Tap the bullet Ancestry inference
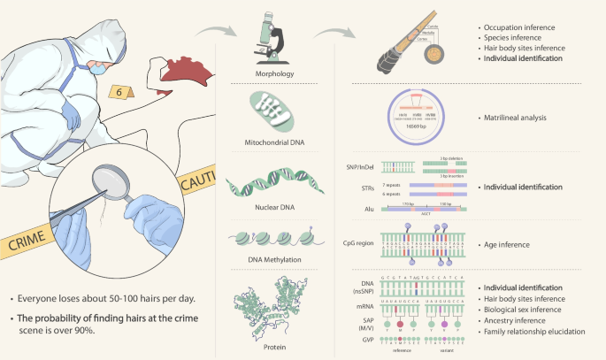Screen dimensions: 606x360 512,320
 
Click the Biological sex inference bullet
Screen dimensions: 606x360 522,310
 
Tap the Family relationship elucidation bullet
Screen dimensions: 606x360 533,331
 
